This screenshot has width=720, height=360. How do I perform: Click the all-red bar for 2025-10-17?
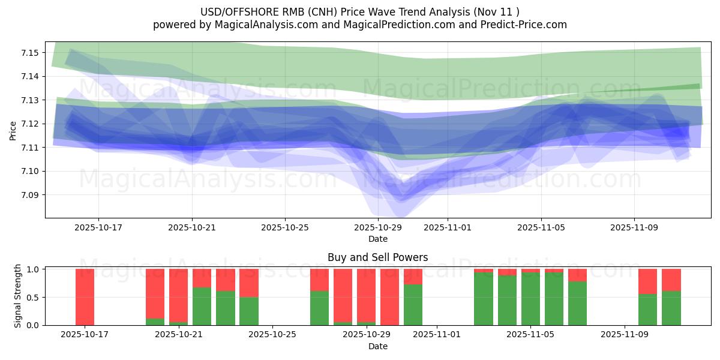(85, 297)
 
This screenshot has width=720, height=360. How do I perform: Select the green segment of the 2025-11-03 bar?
(484, 299)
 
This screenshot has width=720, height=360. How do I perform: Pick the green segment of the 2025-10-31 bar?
(413, 305)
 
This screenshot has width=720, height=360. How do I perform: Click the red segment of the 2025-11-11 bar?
(671, 280)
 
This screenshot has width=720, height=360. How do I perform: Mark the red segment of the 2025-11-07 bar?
(577, 275)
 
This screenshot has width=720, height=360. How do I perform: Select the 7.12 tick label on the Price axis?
(29, 124)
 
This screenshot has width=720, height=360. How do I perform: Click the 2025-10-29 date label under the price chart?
(378, 227)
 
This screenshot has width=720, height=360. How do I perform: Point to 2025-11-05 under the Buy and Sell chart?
(531, 334)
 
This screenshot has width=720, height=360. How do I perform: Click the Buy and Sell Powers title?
(377, 257)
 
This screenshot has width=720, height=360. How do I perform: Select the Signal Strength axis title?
(18, 296)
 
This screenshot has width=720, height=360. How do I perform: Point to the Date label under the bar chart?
(377, 346)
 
